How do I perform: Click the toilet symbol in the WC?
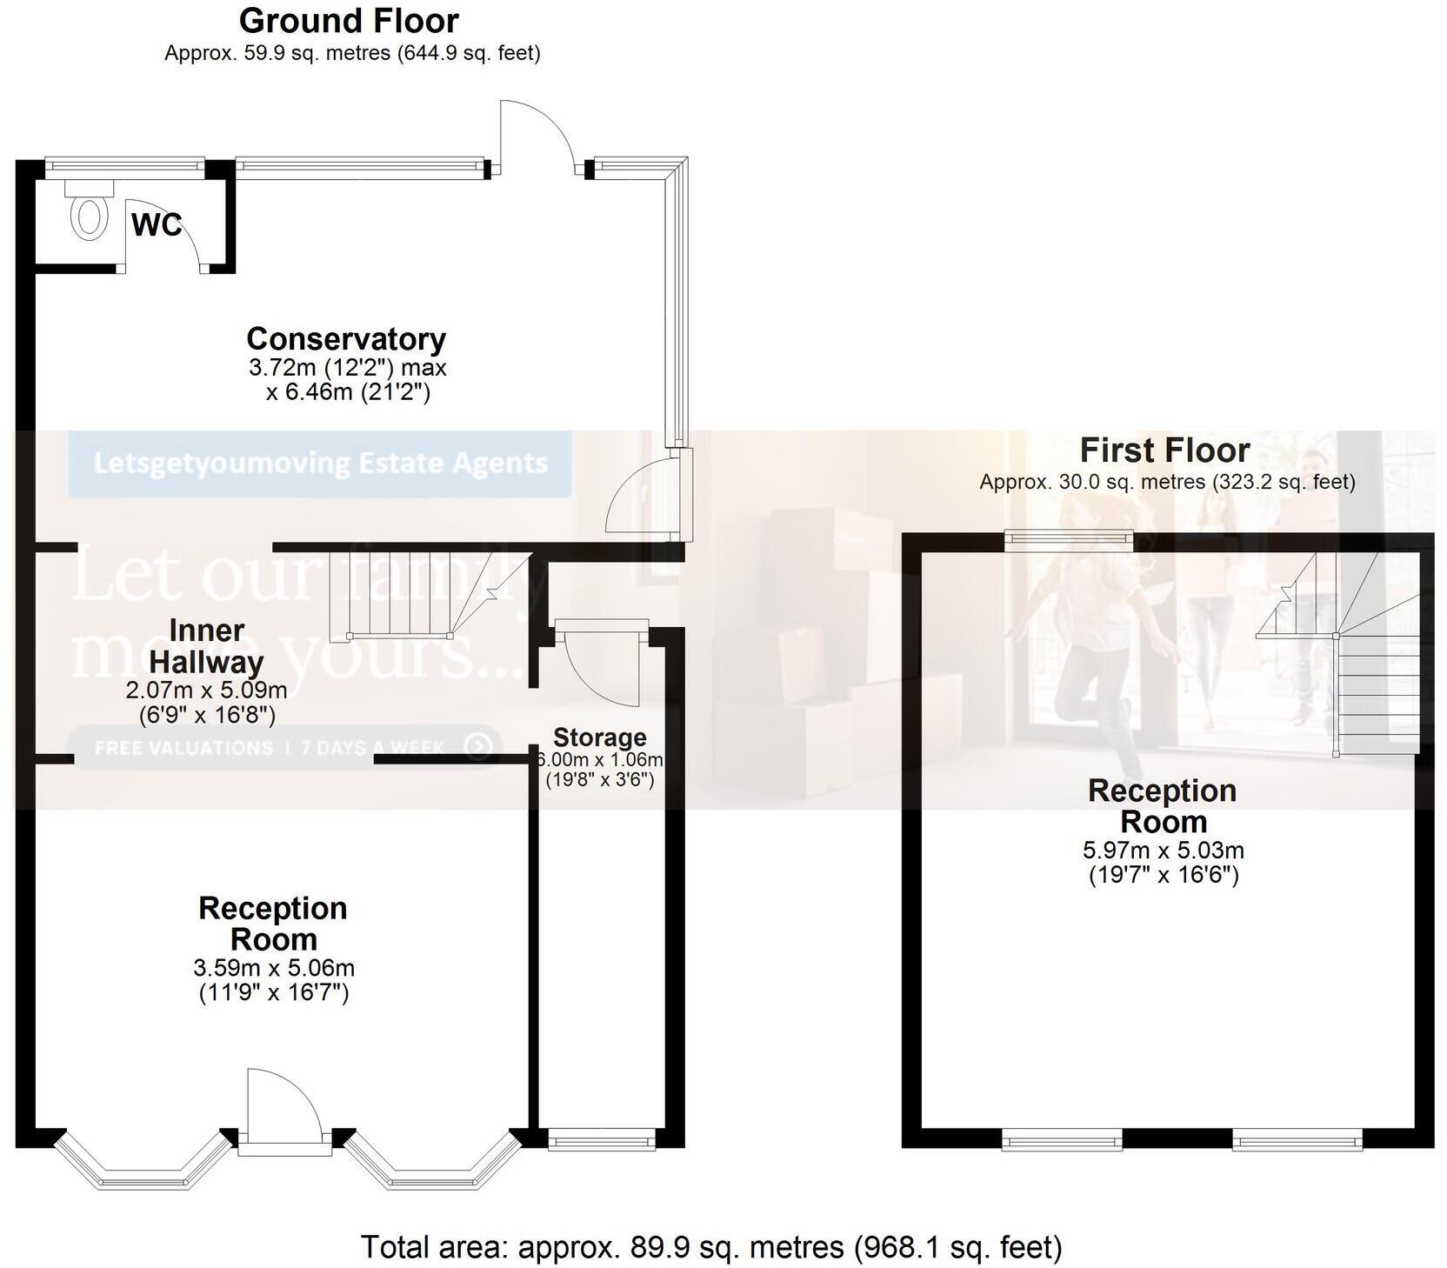pos(88,217)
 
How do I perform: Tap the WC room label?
pos(157,225)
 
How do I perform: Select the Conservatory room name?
pos(346,338)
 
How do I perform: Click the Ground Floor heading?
pos(349,21)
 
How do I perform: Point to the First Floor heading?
pos(1164,450)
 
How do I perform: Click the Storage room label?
pos(600,737)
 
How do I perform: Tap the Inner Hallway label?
pos(206,646)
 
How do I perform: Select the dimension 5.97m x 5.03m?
pos(1164,850)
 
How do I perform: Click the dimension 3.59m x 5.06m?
pos(274,968)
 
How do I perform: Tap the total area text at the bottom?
pos(710,1247)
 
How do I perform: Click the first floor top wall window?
pos(1069,541)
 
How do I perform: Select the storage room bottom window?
pos(602,1139)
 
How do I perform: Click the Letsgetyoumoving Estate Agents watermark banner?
pos(320,463)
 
